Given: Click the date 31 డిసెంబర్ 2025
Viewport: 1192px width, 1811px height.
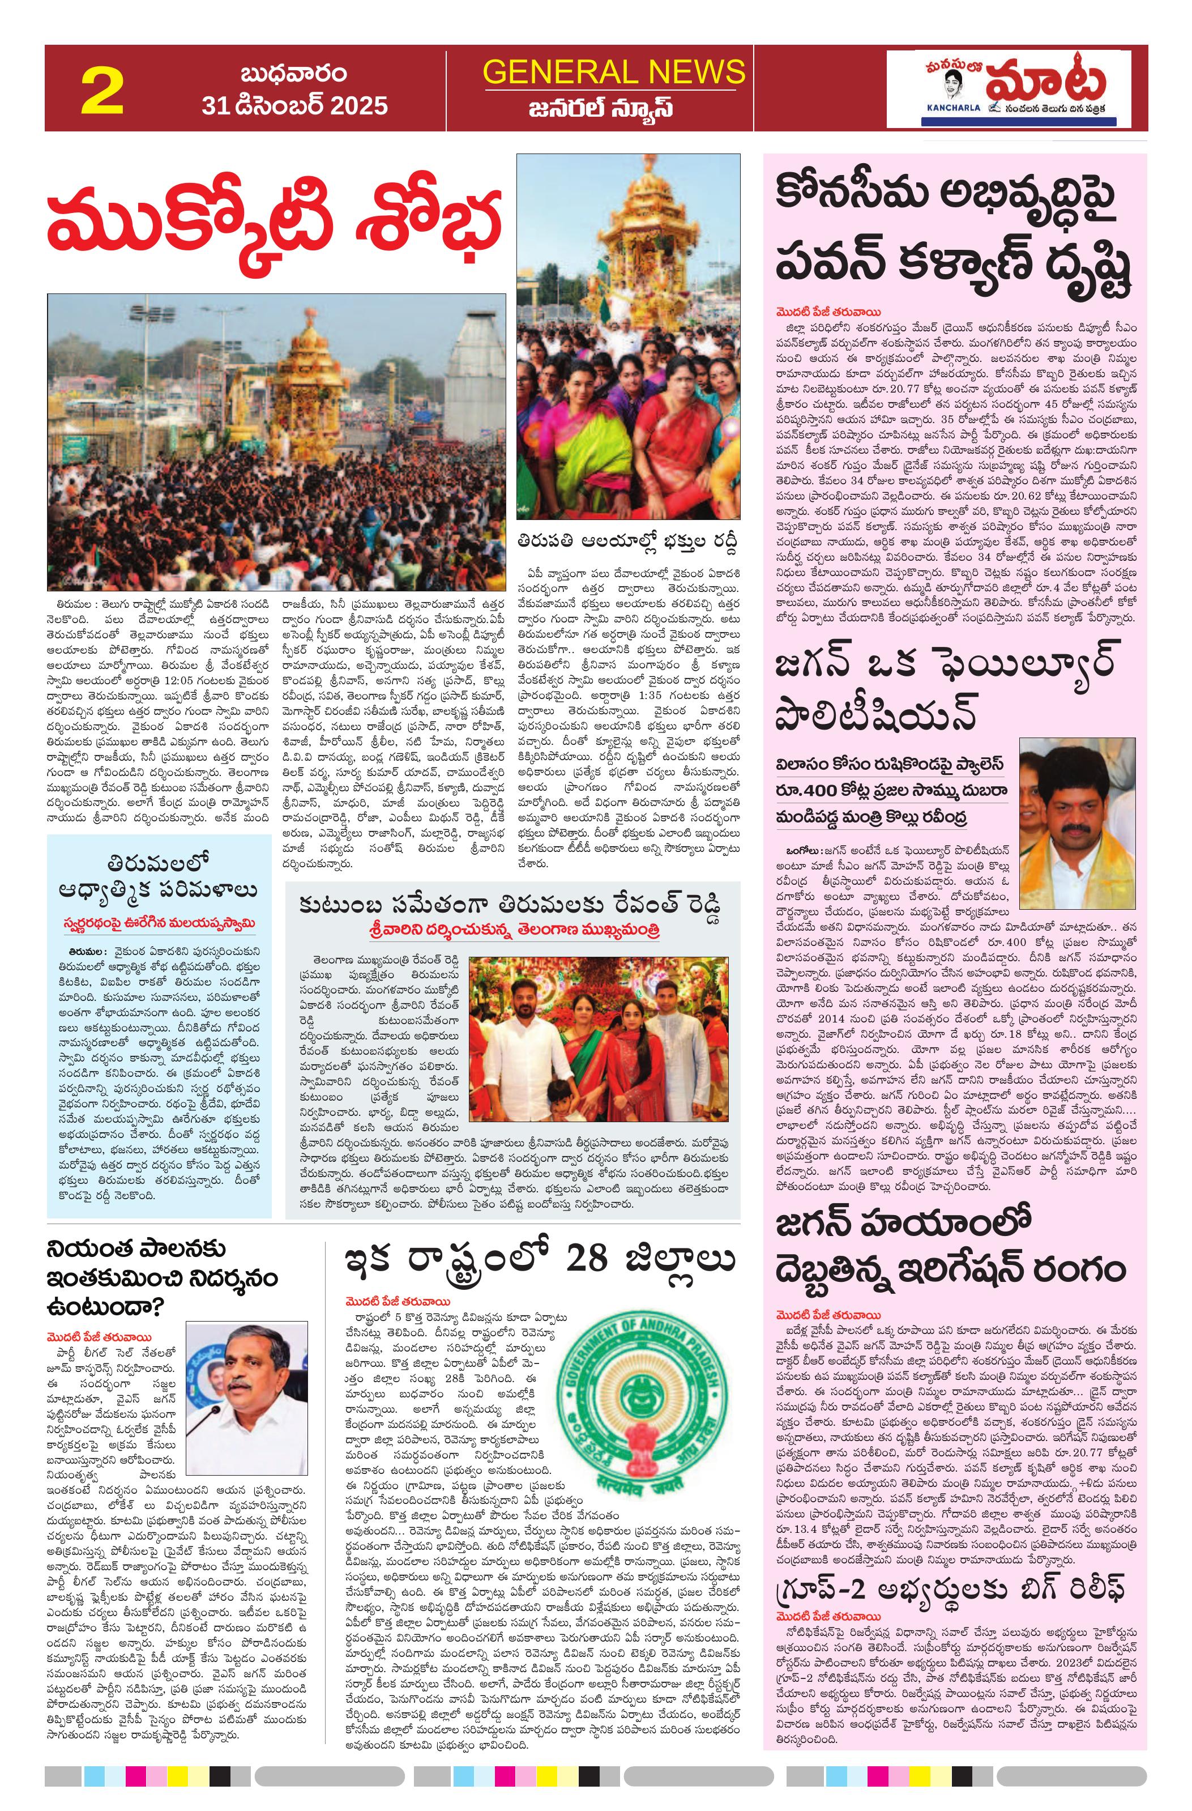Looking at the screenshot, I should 294,105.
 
